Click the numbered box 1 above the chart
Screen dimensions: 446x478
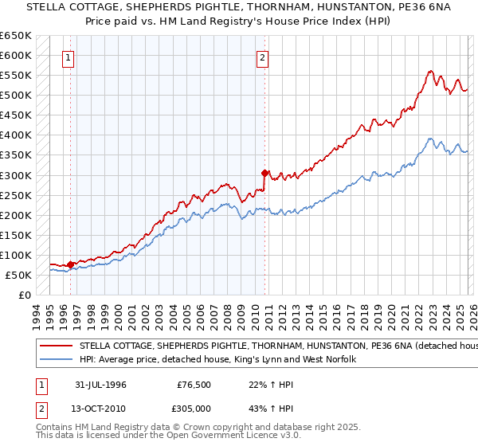[69, 57]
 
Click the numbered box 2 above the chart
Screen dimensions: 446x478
[262, 57]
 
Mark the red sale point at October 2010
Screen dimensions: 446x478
[264, 172]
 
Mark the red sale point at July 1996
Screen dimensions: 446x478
[71, 264]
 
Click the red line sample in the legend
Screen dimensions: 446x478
[57, 346]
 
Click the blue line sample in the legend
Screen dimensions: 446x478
[57, 361]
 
